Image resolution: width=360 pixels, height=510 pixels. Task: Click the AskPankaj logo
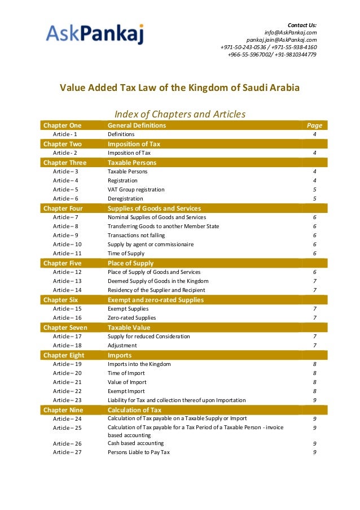95,34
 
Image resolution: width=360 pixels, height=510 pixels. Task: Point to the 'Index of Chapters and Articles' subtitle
180,114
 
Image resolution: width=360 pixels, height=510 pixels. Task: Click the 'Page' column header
314,125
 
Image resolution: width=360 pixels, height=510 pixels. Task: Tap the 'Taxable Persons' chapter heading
132,163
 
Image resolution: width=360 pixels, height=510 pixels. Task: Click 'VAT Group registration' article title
136,190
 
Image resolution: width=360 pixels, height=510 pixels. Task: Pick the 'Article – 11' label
67,254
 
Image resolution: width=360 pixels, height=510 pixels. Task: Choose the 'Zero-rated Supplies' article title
131,318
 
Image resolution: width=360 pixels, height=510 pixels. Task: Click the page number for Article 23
314,400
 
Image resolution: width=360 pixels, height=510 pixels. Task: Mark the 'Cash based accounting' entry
135,443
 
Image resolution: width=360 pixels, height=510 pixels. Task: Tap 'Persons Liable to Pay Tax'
139,452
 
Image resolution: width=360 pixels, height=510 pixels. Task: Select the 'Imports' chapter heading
120,355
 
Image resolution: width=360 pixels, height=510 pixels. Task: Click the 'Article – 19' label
67,364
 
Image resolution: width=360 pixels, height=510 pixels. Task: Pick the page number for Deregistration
314,199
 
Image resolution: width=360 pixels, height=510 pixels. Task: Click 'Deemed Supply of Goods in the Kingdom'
158,281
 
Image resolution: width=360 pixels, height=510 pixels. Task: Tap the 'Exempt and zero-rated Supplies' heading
156,300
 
